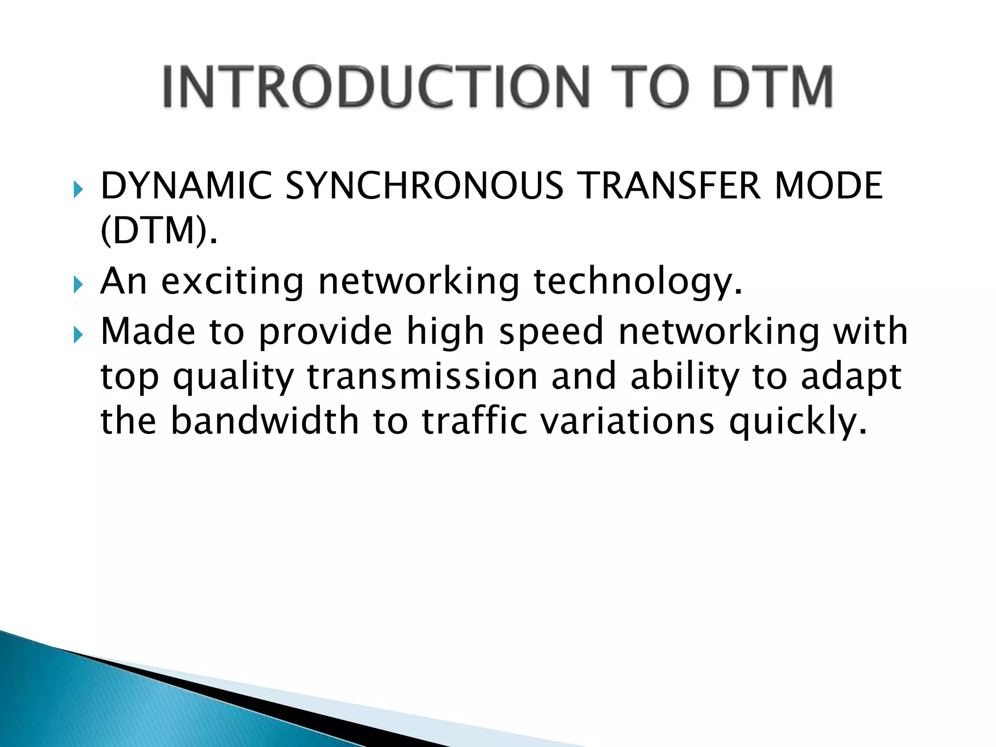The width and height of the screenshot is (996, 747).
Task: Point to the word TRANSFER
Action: [x=671, y=186]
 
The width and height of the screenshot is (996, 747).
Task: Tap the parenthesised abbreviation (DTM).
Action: [x=158, y=231]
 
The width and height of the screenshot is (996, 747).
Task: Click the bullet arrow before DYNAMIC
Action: [x=78, y=189]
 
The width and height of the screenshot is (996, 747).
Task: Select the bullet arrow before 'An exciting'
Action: [x=78, y=285]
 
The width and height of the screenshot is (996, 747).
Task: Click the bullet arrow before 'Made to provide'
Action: [x=78, y=335]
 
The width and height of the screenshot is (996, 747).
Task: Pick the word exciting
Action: [x=232, y=282]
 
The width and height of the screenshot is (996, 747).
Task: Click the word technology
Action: [x=638, y=282]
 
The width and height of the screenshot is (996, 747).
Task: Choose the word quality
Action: [x=233, y=377]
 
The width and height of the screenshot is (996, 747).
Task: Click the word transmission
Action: [x=422, y=376]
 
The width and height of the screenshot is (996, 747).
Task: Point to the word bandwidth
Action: [x=265, y=421]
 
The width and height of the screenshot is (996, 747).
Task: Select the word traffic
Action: [x=474, y=421]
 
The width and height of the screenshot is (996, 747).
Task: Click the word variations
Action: [x=628, y=421]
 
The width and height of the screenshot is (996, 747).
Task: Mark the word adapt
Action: [x=851, y=377]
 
